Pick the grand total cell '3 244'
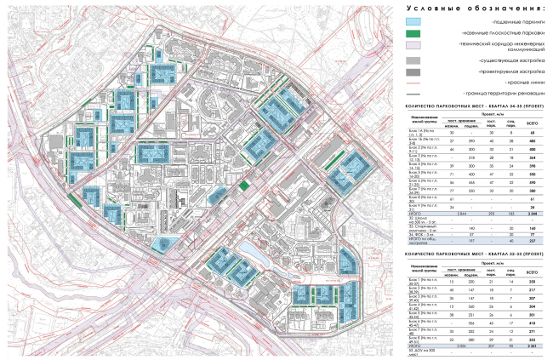pos(538,191)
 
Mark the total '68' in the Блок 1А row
pos(538,133)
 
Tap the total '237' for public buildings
pos(538,215)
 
